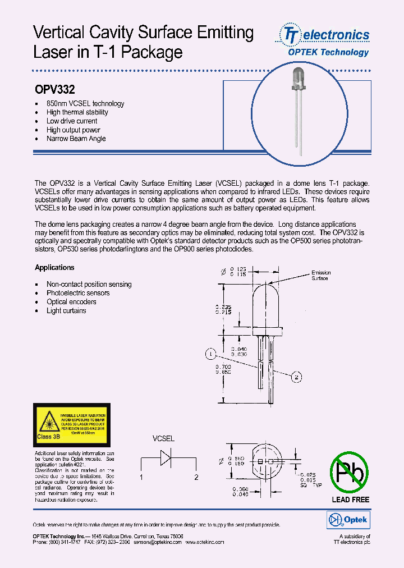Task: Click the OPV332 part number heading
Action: click(x=55, y=89)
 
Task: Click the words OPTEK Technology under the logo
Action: click(x=328, y=52)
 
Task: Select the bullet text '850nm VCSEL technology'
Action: click(x=85, y=104)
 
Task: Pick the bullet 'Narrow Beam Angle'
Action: click(x=76, y=139)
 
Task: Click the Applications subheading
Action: click(x=54, y=268)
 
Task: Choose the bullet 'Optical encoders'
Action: click(x=71, y=302)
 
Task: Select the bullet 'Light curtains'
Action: click(x=66, y=310)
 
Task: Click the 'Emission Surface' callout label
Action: click(x=321, y=276)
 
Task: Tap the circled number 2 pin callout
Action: click(x=296, y=377)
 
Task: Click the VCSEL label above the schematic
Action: click(x=164, y=438)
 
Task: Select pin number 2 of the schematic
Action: click(x=196, y=478)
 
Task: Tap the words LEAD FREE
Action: click(x=350, y=500)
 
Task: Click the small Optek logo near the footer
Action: click(x=347, y=520)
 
